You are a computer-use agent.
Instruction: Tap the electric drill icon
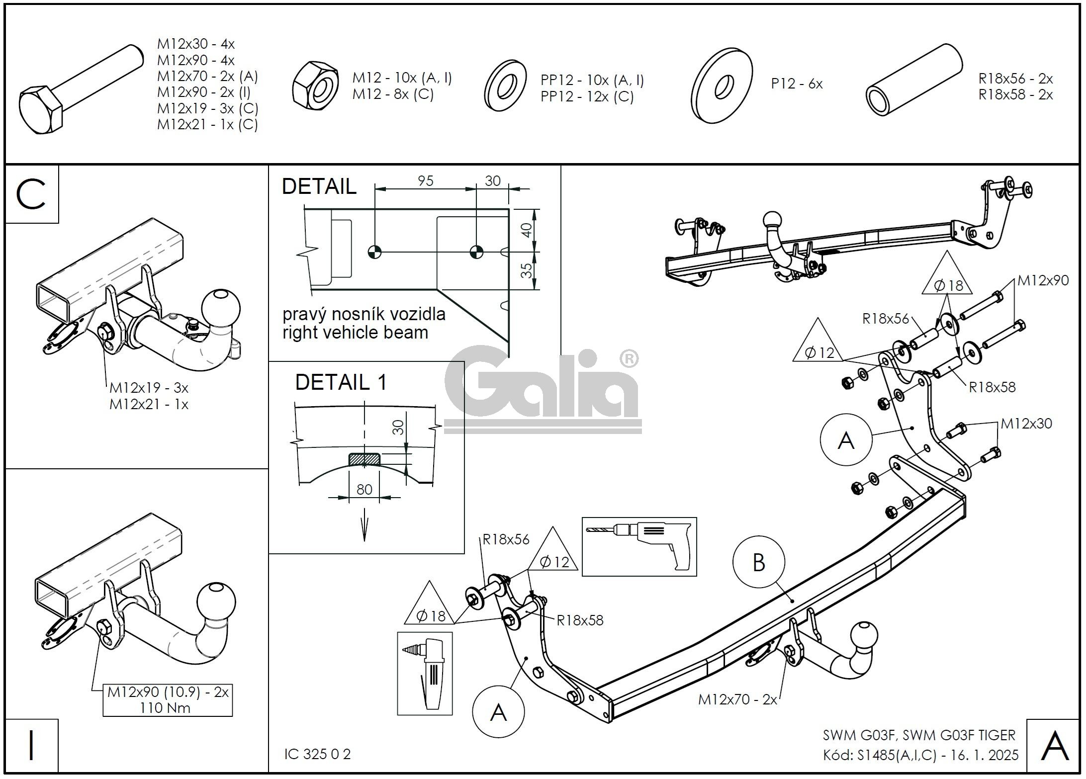(639, 546)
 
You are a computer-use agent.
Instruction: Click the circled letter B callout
(758, 562)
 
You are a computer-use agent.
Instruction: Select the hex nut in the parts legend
(315, 86)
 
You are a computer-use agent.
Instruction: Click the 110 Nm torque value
(166, 707)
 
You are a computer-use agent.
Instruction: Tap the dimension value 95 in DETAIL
(425, 181)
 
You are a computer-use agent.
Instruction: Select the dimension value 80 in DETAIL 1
(364, 489)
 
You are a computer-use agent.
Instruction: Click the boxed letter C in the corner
(31, 194)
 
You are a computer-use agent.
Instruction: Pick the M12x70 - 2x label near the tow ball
(737, 699)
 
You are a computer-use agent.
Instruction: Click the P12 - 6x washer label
(797, 84)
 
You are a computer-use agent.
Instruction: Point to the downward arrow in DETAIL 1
(364, 527)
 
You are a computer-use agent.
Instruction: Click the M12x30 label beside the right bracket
(1026, 424)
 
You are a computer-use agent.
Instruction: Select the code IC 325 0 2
(317, 754)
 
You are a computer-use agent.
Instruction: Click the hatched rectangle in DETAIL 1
(364, 459)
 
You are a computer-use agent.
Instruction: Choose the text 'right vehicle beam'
(355, 332)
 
